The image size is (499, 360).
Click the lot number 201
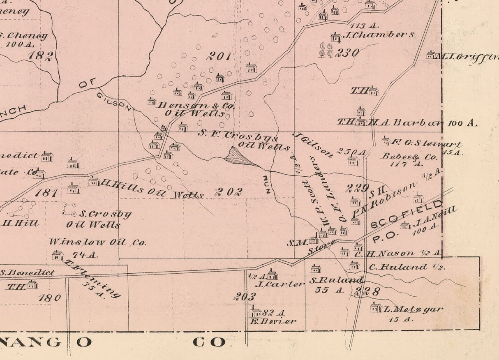[219, 56]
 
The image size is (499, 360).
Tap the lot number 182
[40, 55]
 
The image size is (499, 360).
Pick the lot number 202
[229, 192]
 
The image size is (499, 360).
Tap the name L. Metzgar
[413, 309]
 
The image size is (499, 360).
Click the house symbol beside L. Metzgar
[376, 307]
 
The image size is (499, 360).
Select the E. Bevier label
[273, 321]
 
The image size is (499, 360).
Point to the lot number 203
[245, 296]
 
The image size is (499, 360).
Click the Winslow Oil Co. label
[97, 242]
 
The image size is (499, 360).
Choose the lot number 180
[49, 298]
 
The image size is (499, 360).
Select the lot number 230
[347, 53]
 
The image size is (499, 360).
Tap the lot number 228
[367, 292]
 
